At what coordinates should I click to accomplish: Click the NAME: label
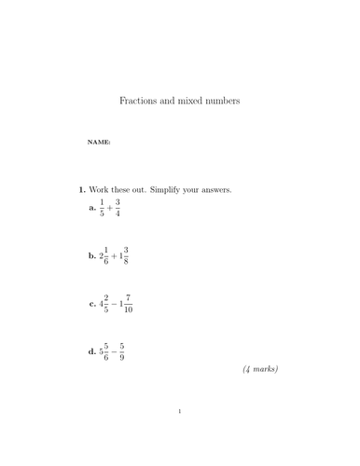98,143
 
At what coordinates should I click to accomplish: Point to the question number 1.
82,190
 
